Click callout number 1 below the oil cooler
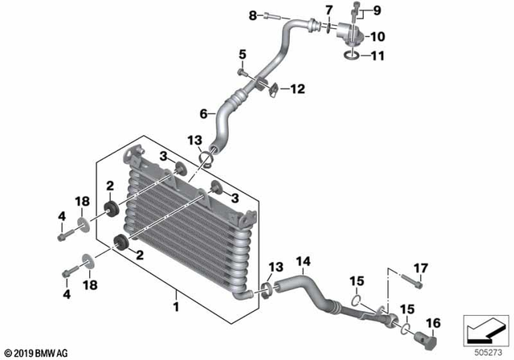tap(174, 306)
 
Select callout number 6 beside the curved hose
tap(203, 113)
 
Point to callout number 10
tap(377, 36)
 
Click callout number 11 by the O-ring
tap(377, 57)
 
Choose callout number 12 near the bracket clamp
tap(297, 90)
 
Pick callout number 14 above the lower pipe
tap(303, 261)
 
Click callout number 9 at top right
tap(377, 11)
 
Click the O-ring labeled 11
tap(351, 56)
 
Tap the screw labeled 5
tap(240, 72)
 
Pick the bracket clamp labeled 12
tap(272, 88)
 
